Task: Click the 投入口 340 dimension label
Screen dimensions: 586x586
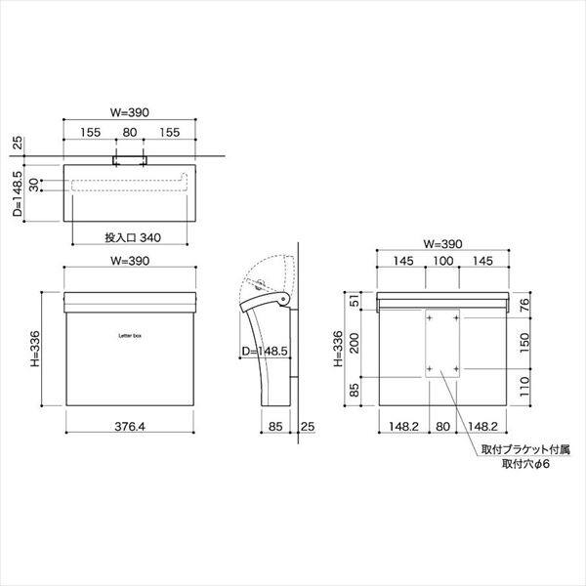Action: click(x=133, y=237)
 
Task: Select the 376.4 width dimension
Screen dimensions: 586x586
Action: click(x=130, y=427)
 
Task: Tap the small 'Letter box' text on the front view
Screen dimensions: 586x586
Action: click(x=130, y=336)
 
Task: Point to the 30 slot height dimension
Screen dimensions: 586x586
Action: click(x=34, y=185)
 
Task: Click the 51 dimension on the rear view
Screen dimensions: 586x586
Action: click(x=355, y=301)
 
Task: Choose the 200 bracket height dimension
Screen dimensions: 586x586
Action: click(x=355, y=343)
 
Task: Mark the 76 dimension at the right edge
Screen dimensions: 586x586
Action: click(x=524, y=305)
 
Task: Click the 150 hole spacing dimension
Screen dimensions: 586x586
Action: click(x=524, y=343)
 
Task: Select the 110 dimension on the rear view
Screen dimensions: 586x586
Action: click(x=524, y=387)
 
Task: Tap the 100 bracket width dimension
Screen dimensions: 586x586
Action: click(x=442, y=261)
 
